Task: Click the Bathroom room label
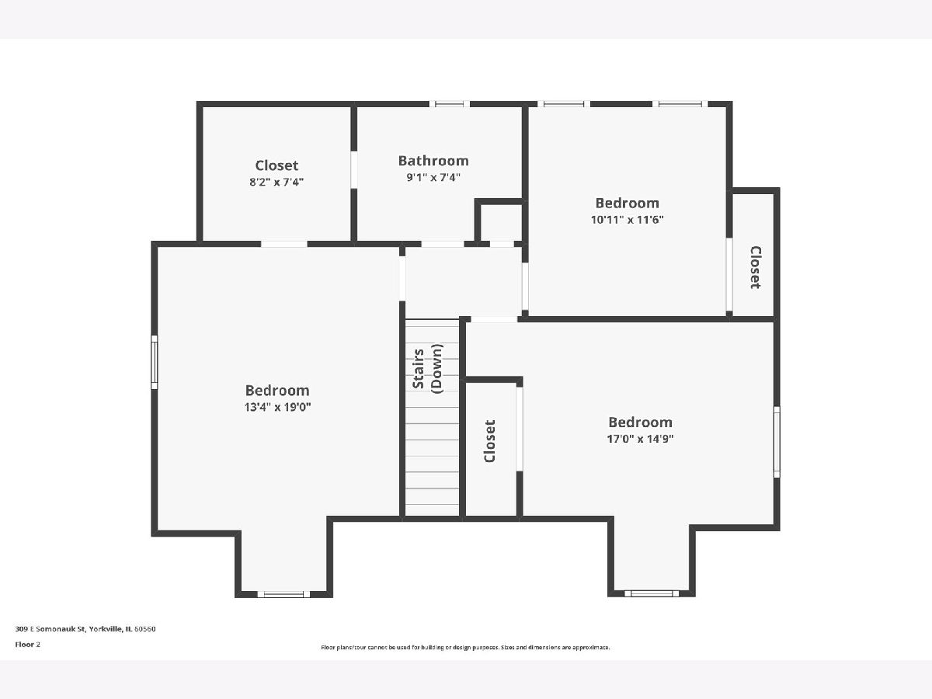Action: tap(433, 161)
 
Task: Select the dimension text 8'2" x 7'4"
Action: tap(276, 182)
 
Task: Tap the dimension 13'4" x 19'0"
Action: tap(278, 407)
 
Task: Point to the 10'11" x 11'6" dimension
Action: tap(627, 220)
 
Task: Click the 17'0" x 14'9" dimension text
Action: tap(640, 438)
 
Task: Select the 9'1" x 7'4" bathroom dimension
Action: tap(433, 177)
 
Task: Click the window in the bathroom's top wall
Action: tap(449, 104)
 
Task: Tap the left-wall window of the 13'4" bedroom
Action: tap(155, 362)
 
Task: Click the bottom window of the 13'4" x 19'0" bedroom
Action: tap(283, 595)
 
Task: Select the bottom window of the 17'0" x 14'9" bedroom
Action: tap(652, 593)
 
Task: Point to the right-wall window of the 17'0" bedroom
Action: tap(777, 442)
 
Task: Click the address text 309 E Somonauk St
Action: tap(50, 629)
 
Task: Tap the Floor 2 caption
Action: tap(28, 645)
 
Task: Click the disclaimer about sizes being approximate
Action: tap(465, 647)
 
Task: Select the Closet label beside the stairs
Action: tap(490, 441)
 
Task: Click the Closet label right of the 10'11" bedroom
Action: tap(756, 267)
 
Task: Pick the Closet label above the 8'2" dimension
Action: tap(276, 165)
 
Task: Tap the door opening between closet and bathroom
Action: tap(353, 169)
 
